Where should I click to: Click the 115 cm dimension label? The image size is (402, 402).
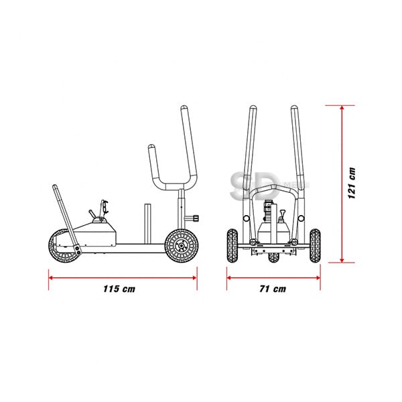point(119,289)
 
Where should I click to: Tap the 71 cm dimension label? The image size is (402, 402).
point(273,289)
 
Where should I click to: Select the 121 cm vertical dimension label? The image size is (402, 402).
point(352,183)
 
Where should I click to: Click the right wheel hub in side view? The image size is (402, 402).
point(182,246)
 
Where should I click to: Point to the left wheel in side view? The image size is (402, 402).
point(64,246)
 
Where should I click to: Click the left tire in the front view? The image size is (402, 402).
point(232,246)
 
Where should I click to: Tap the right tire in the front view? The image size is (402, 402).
point(315,246)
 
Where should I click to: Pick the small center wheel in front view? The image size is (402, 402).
point(273,257)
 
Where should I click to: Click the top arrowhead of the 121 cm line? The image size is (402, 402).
point(342,108)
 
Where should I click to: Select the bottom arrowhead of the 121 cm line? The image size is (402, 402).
point(342,260)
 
